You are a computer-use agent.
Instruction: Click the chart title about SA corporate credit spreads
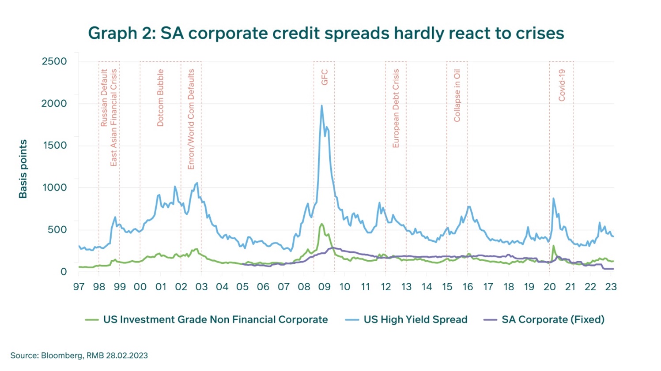pyautogui.click(x=326, y=33)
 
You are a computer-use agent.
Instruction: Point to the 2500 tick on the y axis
pyautogui.click(x=54, y=61)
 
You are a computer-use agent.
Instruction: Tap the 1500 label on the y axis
pyautogui.click(x=55, y=146)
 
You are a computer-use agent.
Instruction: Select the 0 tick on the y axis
pyautogui.click(x=64, y=272)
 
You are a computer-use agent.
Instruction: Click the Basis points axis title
pyautogui.click(x=23, y=169)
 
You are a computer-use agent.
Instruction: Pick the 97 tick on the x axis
pyautogui.click(x=79, y=287)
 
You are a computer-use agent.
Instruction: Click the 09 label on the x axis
pyautogui.click(x=324, y=287)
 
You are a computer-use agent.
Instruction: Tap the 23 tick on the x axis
pyautogui.click(x=611, y=287)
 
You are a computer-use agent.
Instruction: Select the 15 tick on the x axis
pyautogui.click(x=447, y=287)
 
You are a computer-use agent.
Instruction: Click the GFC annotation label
pyautogui.click(x=324, y=77)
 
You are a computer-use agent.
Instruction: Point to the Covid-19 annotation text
pyautogui.click(x=562, y=85)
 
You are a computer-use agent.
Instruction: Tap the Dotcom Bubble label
pyautogui.click(x=160, y=98)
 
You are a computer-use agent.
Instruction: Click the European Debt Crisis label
pyautogui.click(x=396, y=109)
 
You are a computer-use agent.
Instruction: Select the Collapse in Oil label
pyautogui.click(x=457, y=96)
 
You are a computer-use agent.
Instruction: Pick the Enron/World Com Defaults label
pyautogui.click(x=191, y=120)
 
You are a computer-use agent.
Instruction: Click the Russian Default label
pyautogui.click(x=104, y=98)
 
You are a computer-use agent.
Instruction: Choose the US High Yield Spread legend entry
pyautogui.click(x=406, y=320)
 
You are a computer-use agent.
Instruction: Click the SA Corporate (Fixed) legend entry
pyautogui.click(x=544, y=320)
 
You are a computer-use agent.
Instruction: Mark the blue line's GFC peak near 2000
pyautogui.click(x=321, y=105)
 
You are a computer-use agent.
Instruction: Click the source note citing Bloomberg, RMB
pyautogui.click(x=79, y=356)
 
